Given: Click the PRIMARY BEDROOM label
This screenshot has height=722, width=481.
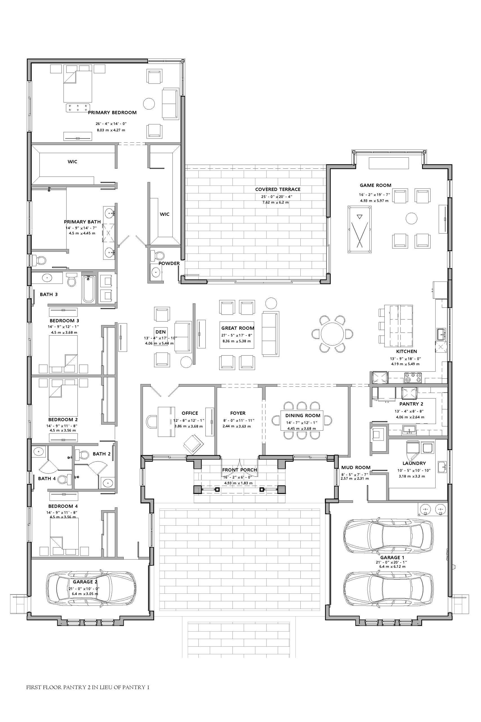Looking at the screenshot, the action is [x=112, y=113].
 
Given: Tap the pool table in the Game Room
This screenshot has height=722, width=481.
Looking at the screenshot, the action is [x=360, y=229].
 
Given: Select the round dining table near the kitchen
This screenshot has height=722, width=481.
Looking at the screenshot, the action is [x=332, y=334].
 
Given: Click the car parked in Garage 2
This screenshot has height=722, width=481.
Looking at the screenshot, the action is [x=91, y=587].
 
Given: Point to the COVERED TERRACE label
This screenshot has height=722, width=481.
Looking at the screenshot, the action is [x=278, y=190].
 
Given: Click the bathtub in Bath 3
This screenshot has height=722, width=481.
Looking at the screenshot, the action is [x=89, y=289].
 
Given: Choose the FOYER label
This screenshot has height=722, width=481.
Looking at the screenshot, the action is [x=238, y=413].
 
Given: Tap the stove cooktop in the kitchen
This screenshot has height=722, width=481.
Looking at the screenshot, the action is [x=413, y=378].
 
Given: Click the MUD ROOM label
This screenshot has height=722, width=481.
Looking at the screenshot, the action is [x=356, y=468].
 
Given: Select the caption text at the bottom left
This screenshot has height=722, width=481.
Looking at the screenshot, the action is [x=88, y=687].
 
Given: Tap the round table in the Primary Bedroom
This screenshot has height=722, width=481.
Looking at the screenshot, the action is [x=149, y=104].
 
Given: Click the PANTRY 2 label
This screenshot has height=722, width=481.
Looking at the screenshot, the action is [x=411, y=404].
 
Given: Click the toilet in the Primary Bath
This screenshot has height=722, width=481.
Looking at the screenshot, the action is [x=39, y=261].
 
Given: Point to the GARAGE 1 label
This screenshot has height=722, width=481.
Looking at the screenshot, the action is [x=392, y=558].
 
